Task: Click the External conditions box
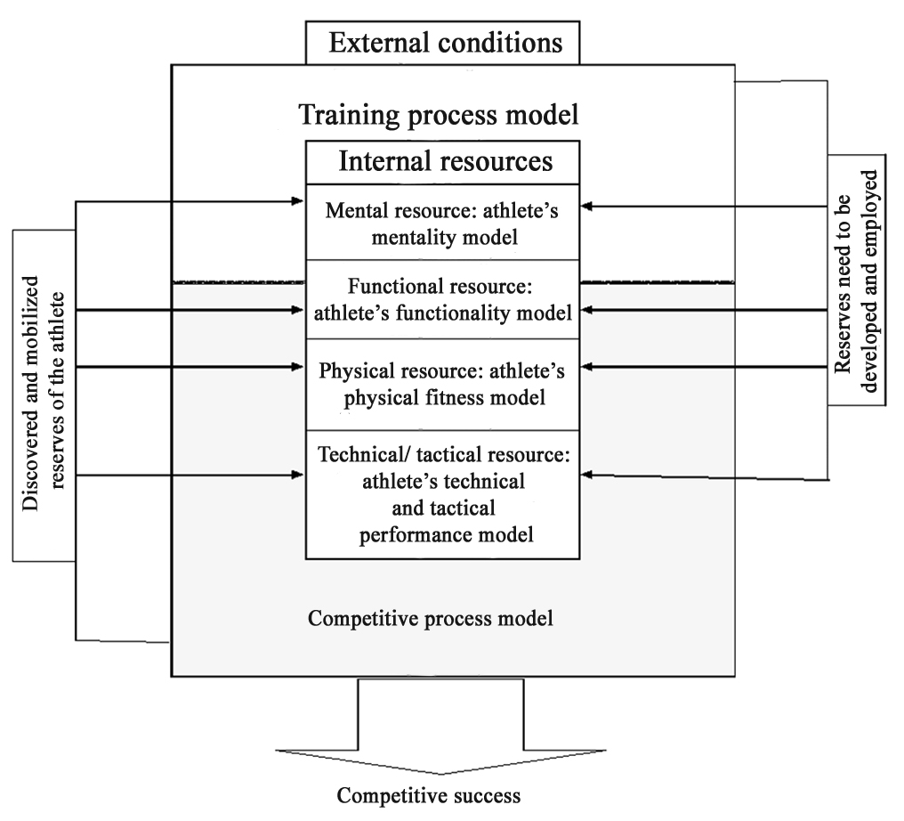(442, 43)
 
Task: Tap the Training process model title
(439, 115)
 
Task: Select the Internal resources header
(445, 161)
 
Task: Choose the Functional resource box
(445, 300)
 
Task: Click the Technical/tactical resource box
(445, 494)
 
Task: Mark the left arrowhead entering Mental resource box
(298, 202)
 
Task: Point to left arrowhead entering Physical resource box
(298, 367)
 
